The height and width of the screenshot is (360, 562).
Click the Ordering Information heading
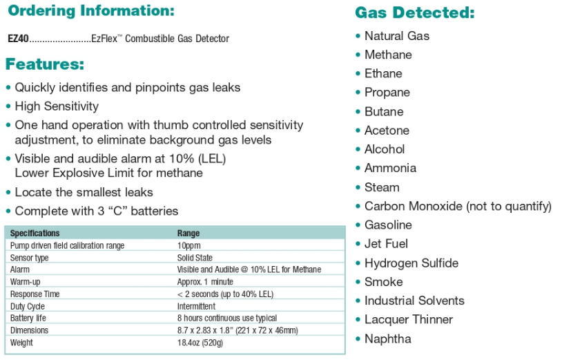90,12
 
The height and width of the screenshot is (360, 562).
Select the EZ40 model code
19,39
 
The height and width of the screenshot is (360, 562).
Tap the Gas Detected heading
414,13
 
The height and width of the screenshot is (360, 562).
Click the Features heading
45,65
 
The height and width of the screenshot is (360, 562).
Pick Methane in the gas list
388,55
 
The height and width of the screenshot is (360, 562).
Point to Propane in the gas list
387,93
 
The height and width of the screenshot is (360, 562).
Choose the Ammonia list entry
390,168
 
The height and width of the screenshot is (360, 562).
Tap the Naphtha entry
387,339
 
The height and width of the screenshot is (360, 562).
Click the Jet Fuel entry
386,244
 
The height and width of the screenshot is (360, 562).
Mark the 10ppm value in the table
189,245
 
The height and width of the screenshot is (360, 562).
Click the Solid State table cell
195,258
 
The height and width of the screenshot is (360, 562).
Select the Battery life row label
28,319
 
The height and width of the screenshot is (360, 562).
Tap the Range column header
188,234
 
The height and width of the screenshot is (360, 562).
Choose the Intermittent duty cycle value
196,306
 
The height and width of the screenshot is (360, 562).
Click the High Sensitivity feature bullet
57,106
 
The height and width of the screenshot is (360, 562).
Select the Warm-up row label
25,282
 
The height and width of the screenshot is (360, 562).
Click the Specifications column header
35,234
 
